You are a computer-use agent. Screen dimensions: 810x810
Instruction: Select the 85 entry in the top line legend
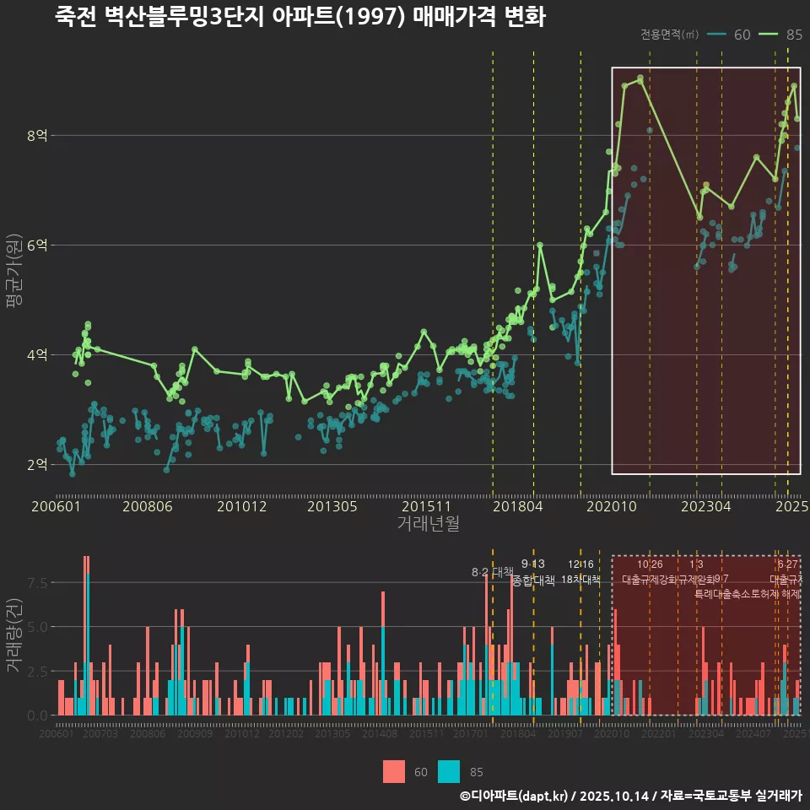(x=793, y=35)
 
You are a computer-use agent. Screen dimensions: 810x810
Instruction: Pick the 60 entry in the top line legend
(x=742, y=35)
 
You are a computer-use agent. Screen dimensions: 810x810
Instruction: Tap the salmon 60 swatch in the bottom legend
(x=394, y=771)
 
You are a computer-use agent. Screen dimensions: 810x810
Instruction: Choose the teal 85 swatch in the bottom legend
(x=450, y=771)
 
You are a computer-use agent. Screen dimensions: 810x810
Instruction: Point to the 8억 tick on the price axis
(x=38, y=135)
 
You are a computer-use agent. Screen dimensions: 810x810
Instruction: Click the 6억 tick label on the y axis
(x=38, y=245)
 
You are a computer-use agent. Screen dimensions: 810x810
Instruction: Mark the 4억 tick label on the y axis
(x=38, y=354)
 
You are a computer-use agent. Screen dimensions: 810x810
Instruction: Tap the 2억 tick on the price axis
(x=38, y=464)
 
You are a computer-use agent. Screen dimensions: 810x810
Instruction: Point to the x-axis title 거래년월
(x=428, y=523)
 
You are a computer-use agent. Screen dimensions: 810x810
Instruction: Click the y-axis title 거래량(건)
(x=13, y=635)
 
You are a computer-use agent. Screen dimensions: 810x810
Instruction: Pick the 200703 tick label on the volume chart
(x=100, y=735)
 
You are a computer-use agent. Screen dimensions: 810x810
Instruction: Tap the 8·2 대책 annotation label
(x=492, y=572)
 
